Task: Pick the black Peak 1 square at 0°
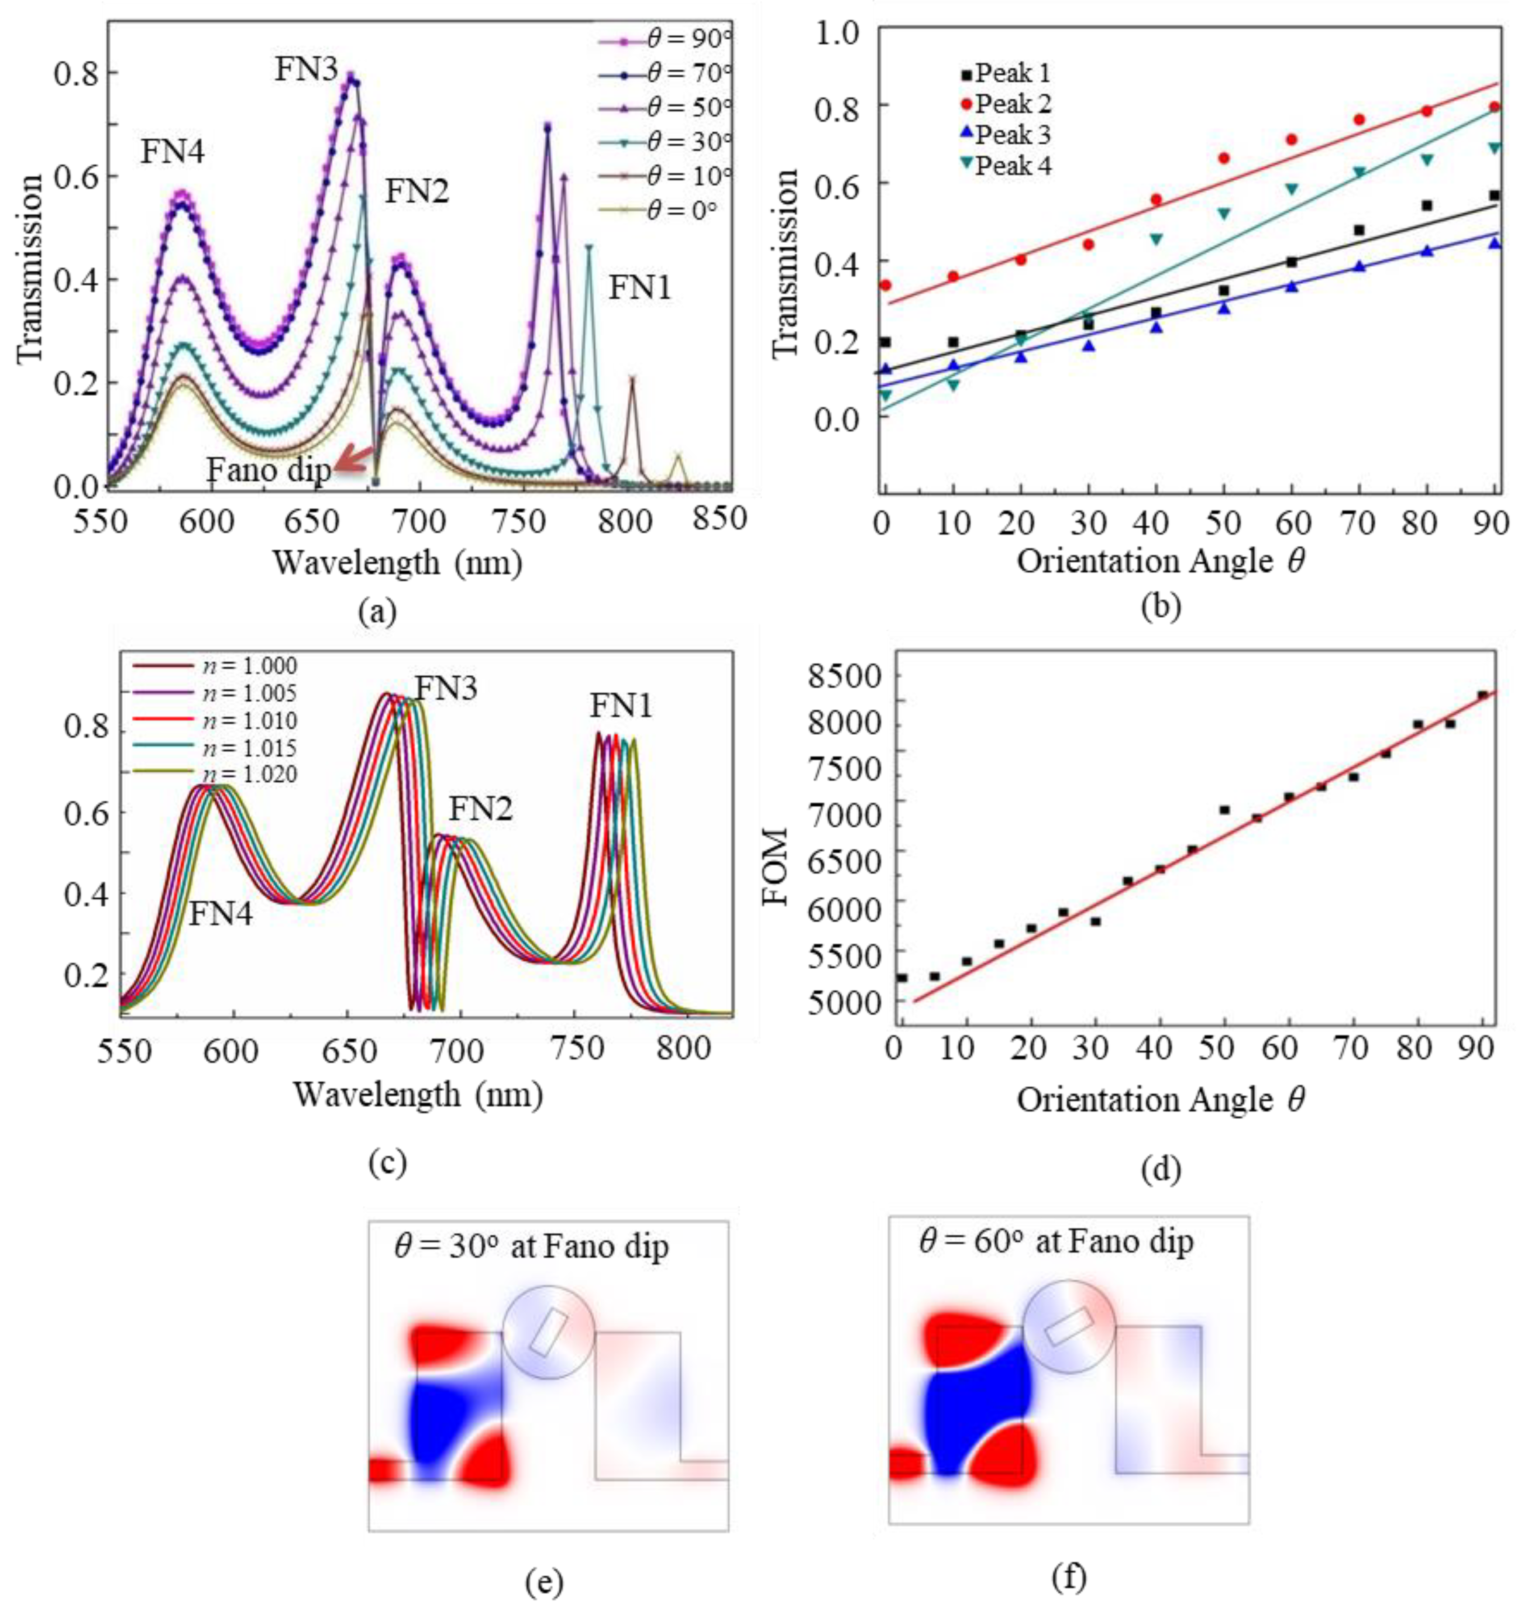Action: point(885,342)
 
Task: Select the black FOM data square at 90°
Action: point(1482,695)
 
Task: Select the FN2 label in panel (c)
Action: point(480,809)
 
